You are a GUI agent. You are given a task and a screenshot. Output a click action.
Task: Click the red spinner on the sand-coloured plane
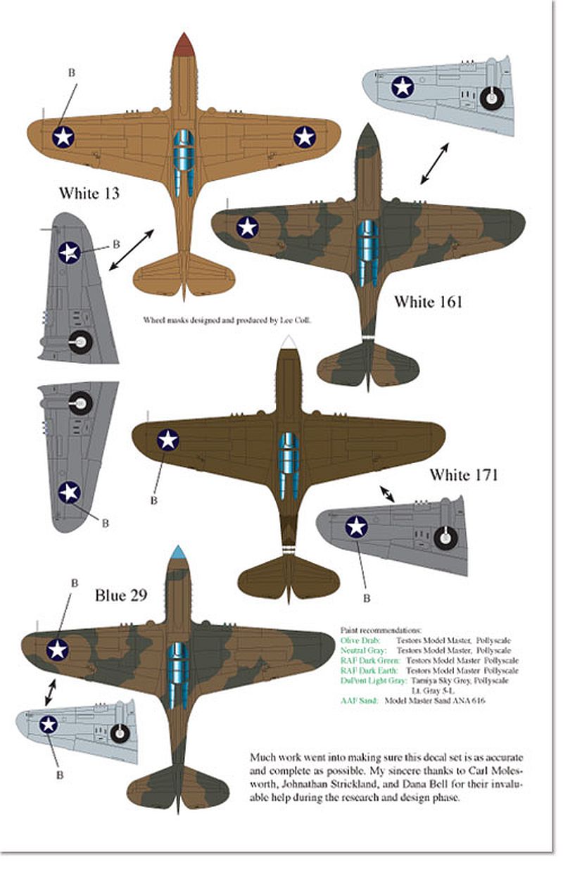coord(184,45)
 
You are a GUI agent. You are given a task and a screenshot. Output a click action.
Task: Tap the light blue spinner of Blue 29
coord(178,554)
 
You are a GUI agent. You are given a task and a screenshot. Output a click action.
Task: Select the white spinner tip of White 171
coord(287,343)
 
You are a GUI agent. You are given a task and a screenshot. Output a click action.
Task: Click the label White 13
coord(89,193)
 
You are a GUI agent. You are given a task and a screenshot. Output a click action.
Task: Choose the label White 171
coord(464,475)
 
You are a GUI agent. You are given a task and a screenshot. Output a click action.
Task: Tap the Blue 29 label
coord(121,596)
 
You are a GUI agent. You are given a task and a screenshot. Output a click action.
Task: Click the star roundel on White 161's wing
coord(248,227)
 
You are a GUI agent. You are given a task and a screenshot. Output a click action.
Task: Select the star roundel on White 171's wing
coord(167,440)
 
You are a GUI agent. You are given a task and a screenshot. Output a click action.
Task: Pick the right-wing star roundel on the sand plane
coord(305,137)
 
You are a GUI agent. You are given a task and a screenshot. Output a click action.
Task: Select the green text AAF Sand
coord(360,700)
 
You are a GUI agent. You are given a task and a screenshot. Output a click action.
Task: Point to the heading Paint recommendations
coord(380,631)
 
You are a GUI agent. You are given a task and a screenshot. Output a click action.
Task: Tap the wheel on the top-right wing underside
coord(491,99)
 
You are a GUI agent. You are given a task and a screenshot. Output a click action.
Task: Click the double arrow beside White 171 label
coord(387,493)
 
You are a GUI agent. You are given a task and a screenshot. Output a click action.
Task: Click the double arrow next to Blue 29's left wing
coord(49,692)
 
